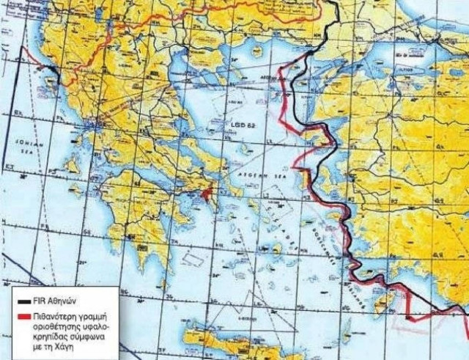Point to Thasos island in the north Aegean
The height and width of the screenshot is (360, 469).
coord(256,51)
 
